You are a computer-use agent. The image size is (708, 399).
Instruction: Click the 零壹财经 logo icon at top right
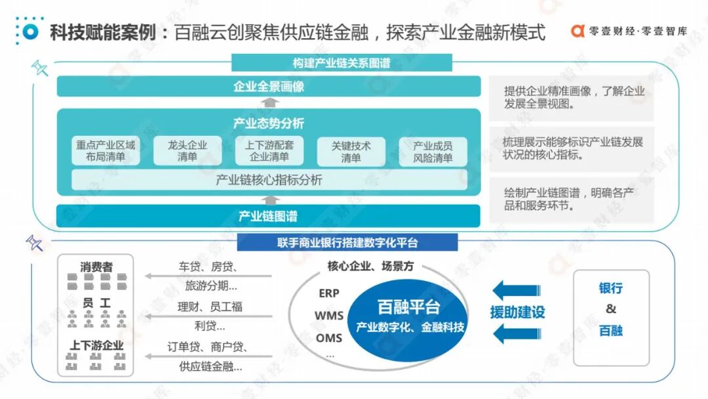tap(578, 31)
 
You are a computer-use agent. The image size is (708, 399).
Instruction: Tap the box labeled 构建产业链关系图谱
tap(342, 63)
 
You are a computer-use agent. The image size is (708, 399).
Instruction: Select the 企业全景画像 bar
tap(269, 87)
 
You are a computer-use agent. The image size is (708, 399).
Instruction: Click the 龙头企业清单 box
tap(187, 151)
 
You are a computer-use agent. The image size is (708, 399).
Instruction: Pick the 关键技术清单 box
tap(351, 151)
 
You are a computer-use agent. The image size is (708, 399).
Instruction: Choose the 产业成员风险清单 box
tap(433, 151)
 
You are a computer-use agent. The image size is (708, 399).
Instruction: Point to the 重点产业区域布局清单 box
tap(106, 151)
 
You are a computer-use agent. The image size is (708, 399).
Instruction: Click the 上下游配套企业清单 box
tap(269, 151)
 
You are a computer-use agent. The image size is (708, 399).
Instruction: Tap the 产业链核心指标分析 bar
tap(269, 180)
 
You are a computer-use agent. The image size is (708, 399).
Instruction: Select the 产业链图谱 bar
tap(269, 216)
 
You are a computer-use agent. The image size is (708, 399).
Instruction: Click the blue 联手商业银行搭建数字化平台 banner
tap(347, 243)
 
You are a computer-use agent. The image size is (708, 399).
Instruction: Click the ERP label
tap(329, 293)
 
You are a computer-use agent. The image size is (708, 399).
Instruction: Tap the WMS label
tap(329, 316)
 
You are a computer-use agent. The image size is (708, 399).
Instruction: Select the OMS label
tap(329, 338)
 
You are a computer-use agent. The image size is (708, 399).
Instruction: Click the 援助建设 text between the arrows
tap(518, 312)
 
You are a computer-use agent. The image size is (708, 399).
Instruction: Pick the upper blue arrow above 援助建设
tap(517, 290)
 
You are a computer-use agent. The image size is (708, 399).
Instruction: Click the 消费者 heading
tap(96, 267)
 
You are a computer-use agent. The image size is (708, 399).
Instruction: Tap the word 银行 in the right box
tap(610, 288)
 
